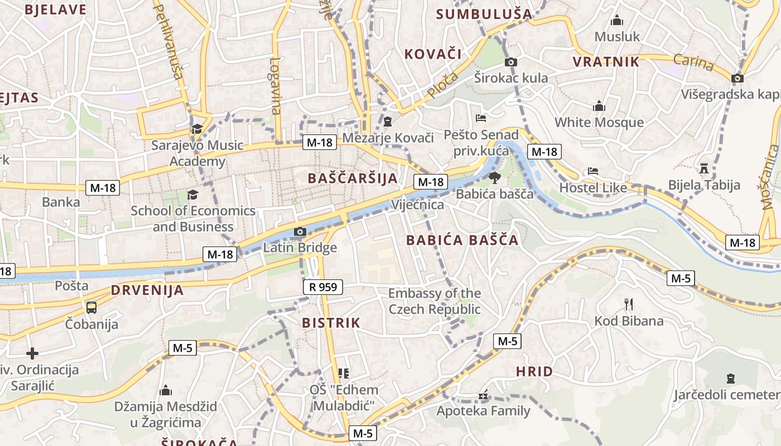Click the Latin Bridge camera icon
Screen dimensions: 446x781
point(300,231)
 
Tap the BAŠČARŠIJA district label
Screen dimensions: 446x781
point(353,178)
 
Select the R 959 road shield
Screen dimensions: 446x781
point(322,287)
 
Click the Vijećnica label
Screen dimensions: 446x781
point(417,205)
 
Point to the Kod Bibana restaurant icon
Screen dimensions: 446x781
point(629,304)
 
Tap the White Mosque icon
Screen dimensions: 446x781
point(599,106)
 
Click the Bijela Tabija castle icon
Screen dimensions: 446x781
point(703,168)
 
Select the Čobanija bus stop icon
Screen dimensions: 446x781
point(91,307)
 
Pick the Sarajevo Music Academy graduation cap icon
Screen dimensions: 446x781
point(197,129)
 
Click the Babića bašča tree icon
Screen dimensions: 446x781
point(494,178)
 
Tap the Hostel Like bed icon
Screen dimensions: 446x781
point(593,171)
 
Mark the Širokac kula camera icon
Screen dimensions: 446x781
point(510,62)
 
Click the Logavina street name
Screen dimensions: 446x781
point(276,86)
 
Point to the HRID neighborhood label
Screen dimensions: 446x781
point(534,372)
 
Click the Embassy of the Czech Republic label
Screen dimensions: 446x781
point(434,301)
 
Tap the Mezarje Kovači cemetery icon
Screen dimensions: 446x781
point(388,121)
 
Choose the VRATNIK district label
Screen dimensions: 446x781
point(606,62)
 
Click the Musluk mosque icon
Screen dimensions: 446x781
point(616,21)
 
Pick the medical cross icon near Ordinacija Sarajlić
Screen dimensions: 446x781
point(32,353)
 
